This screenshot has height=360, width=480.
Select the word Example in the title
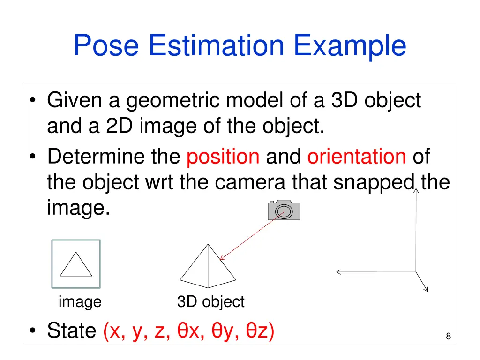350,46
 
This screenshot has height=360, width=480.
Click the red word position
223,157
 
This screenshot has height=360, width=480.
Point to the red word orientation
357,157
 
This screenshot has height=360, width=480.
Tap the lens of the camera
285,211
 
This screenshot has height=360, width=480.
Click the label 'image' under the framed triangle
80,302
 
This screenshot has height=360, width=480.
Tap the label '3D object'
210,302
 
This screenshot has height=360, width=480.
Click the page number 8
448,336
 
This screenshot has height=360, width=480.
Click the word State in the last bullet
71,331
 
